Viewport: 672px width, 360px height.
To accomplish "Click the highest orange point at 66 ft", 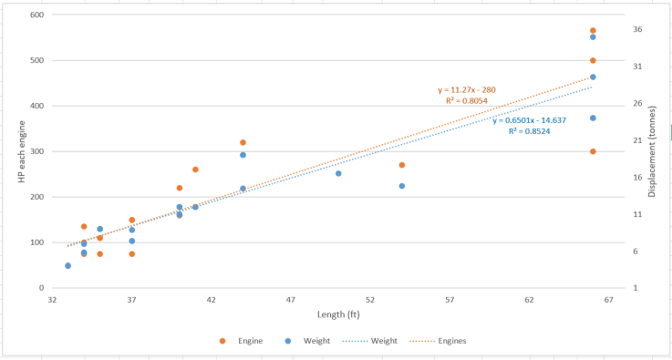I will [593, 31].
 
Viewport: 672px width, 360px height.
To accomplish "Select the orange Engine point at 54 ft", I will [402, 165].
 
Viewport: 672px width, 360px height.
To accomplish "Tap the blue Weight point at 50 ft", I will [338, 173].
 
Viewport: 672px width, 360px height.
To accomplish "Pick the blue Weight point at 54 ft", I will [402, 186].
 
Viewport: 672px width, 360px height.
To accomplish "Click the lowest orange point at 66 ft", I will [593, 151].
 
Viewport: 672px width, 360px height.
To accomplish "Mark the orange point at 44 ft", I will [243, 142].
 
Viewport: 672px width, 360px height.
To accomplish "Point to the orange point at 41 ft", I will [195, 170].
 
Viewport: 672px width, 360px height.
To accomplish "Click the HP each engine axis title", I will [21, 151].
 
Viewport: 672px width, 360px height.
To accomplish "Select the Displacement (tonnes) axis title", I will [652, 151].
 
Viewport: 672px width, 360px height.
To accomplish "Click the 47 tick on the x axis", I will [291, 299].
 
